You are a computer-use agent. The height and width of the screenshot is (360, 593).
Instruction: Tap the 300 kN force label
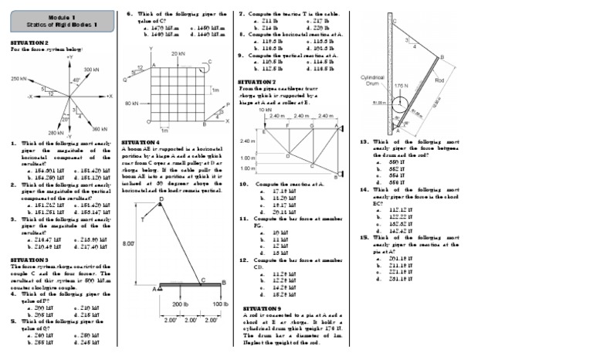(91, 70)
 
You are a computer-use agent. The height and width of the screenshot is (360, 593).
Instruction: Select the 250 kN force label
(19, 80)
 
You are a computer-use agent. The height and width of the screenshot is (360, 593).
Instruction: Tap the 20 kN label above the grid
(178, 54)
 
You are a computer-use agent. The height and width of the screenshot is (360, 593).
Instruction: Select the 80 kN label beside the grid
(130, 103)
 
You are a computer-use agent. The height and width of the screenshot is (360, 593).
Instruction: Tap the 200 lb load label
(181, 304)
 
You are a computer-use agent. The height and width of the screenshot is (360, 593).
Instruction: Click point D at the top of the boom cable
(161, 199)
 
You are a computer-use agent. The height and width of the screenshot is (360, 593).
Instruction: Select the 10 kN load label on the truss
(265, 110)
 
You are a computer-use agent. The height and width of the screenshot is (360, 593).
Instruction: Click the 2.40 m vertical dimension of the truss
(247, 141)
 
